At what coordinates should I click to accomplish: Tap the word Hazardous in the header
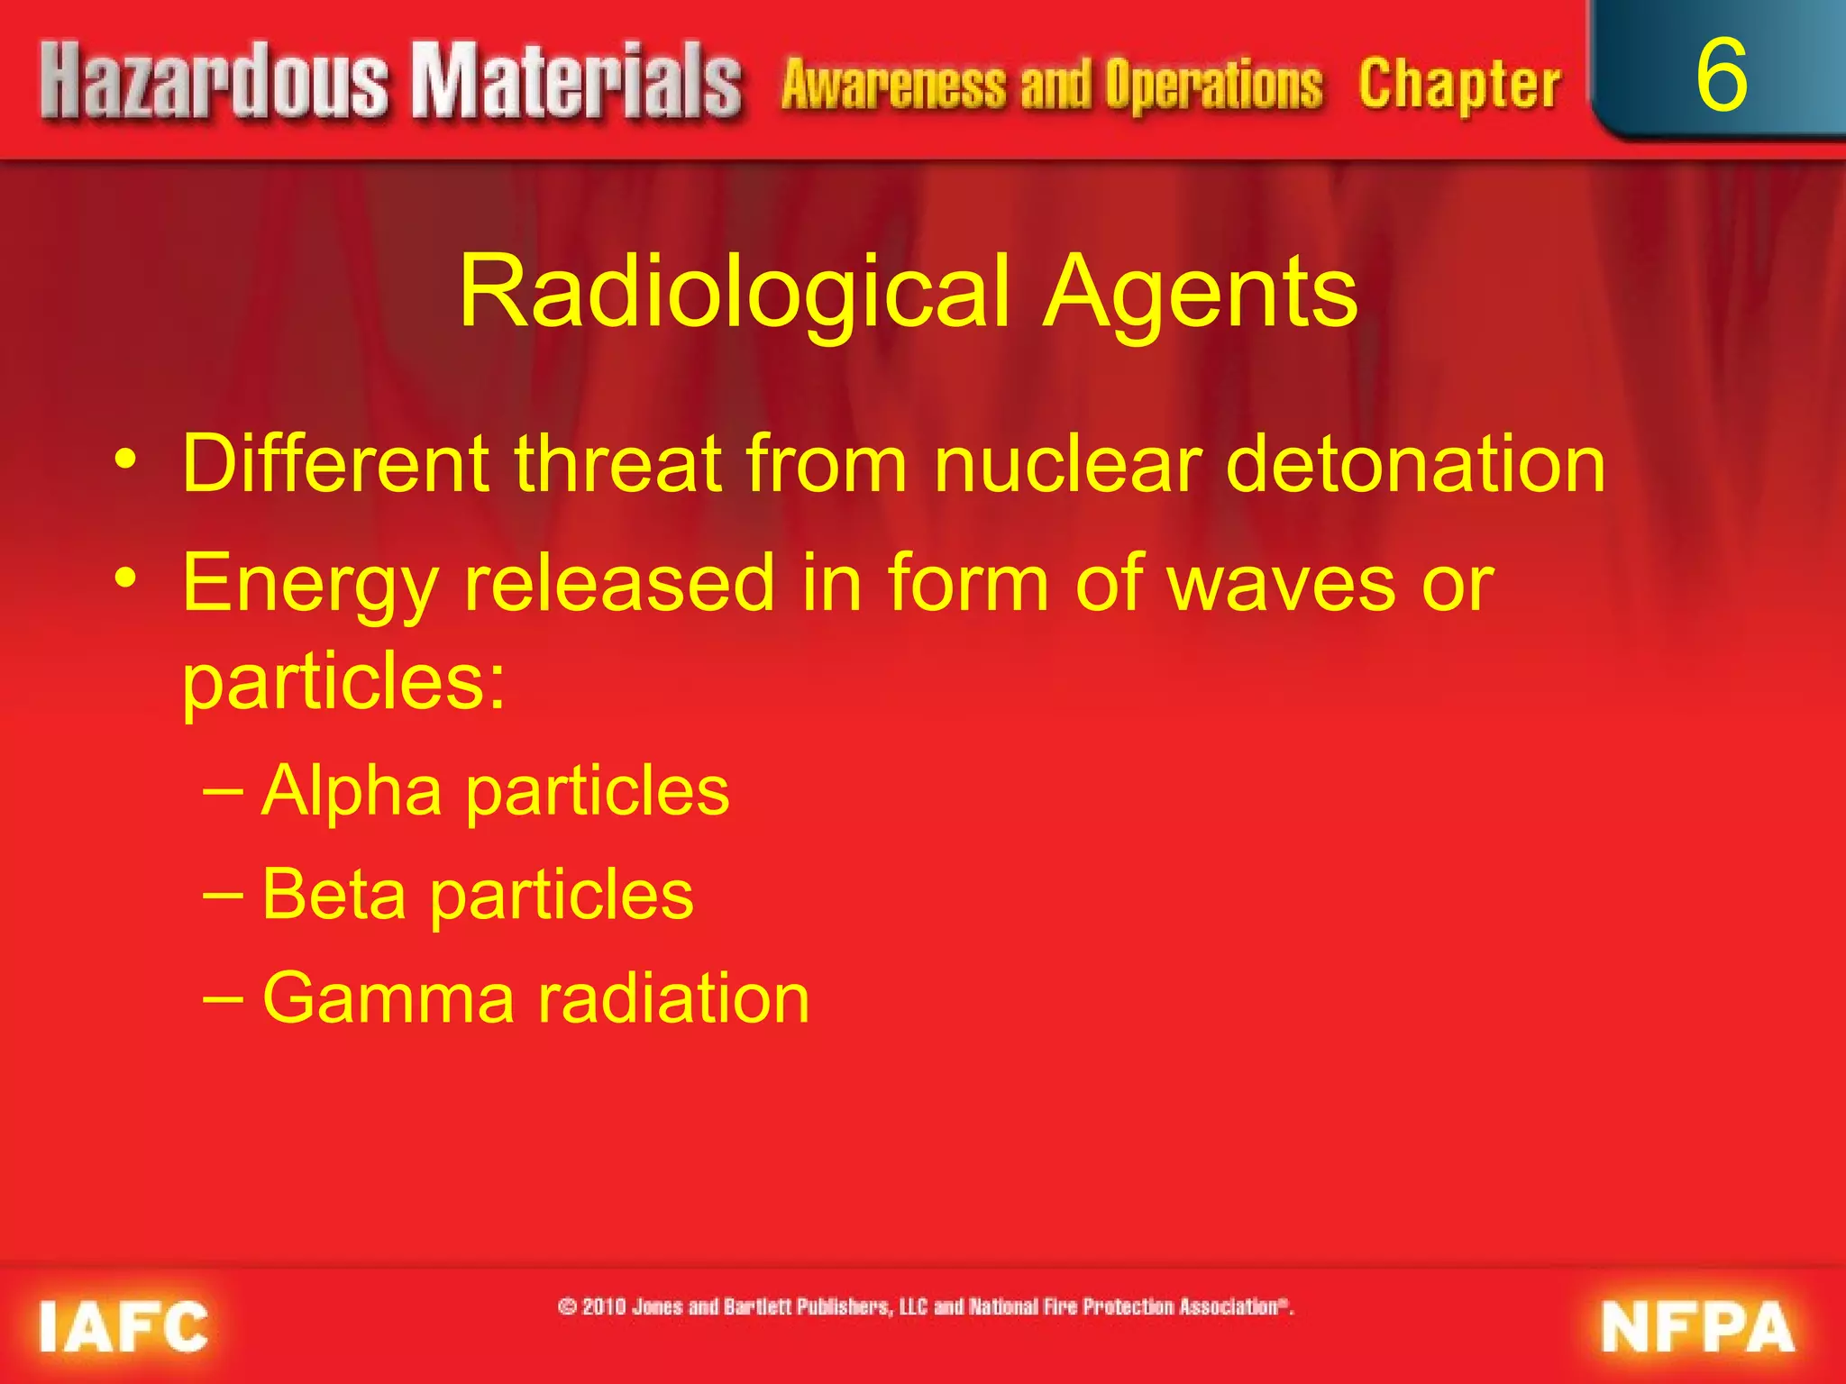click(x=215, y=83)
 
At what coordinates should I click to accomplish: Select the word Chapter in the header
click(x=1459, y=86)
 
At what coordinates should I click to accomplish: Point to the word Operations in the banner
click(x=1213, y=86)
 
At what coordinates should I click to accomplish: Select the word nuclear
click(x=1068, y=464)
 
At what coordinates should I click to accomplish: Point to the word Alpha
click(x=352, y=791)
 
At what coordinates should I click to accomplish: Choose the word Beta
click(x=334, y=894)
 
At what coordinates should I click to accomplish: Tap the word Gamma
click(x=388, y=998)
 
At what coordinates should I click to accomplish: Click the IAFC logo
click(x=123, y=1326)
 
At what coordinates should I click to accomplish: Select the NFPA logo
click(x=1697, y=1326)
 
